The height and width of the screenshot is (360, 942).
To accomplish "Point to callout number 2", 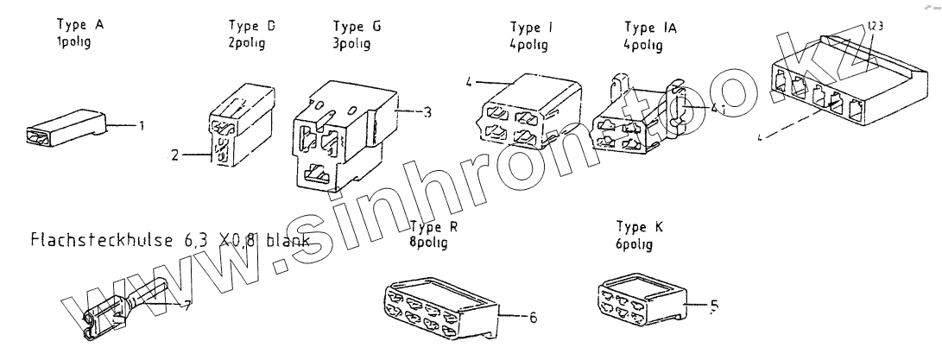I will [x=174, y=156].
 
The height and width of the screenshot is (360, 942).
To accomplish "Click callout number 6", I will [x=533, y=318].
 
